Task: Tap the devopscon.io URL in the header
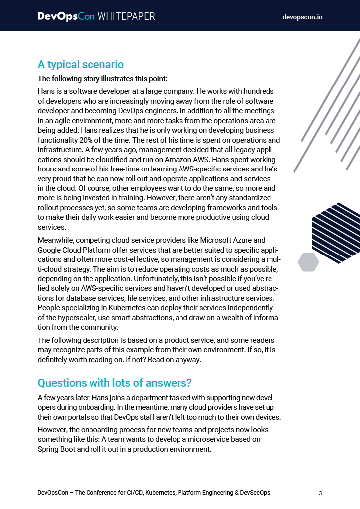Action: (x=302, y=17)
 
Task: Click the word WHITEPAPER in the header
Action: (x=126, y=16)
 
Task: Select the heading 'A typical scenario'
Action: (x=81, y=65)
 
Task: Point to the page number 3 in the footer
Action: (x=321, y=493)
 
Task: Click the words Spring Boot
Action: (x=59, y=449)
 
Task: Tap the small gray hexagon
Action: (x=308, y=262)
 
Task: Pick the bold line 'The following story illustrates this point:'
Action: (x=103, y=79)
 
